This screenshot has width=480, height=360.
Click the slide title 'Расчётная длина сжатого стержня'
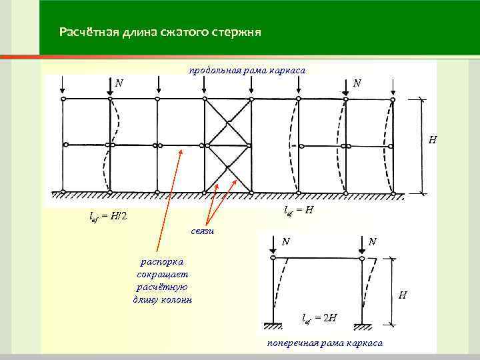(159, 32)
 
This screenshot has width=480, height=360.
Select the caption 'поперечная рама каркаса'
(325, 342)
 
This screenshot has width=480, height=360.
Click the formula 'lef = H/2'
(108, 216)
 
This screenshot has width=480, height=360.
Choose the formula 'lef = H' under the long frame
(299, 210)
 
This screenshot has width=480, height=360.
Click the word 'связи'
(201, 231)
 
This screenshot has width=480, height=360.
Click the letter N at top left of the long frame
(118, 83)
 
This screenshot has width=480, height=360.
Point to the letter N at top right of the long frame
(358, 83)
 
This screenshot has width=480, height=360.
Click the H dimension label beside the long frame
(433, 141)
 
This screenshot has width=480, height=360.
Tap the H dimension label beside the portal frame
(402, 295)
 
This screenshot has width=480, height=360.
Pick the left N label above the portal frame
(285, 241)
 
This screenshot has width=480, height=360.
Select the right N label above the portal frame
(373, 241)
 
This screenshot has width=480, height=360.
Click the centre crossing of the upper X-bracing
(227, 122)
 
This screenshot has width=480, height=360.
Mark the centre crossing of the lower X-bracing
(227, 168)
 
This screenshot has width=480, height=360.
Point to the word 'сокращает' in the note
(163, 275)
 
